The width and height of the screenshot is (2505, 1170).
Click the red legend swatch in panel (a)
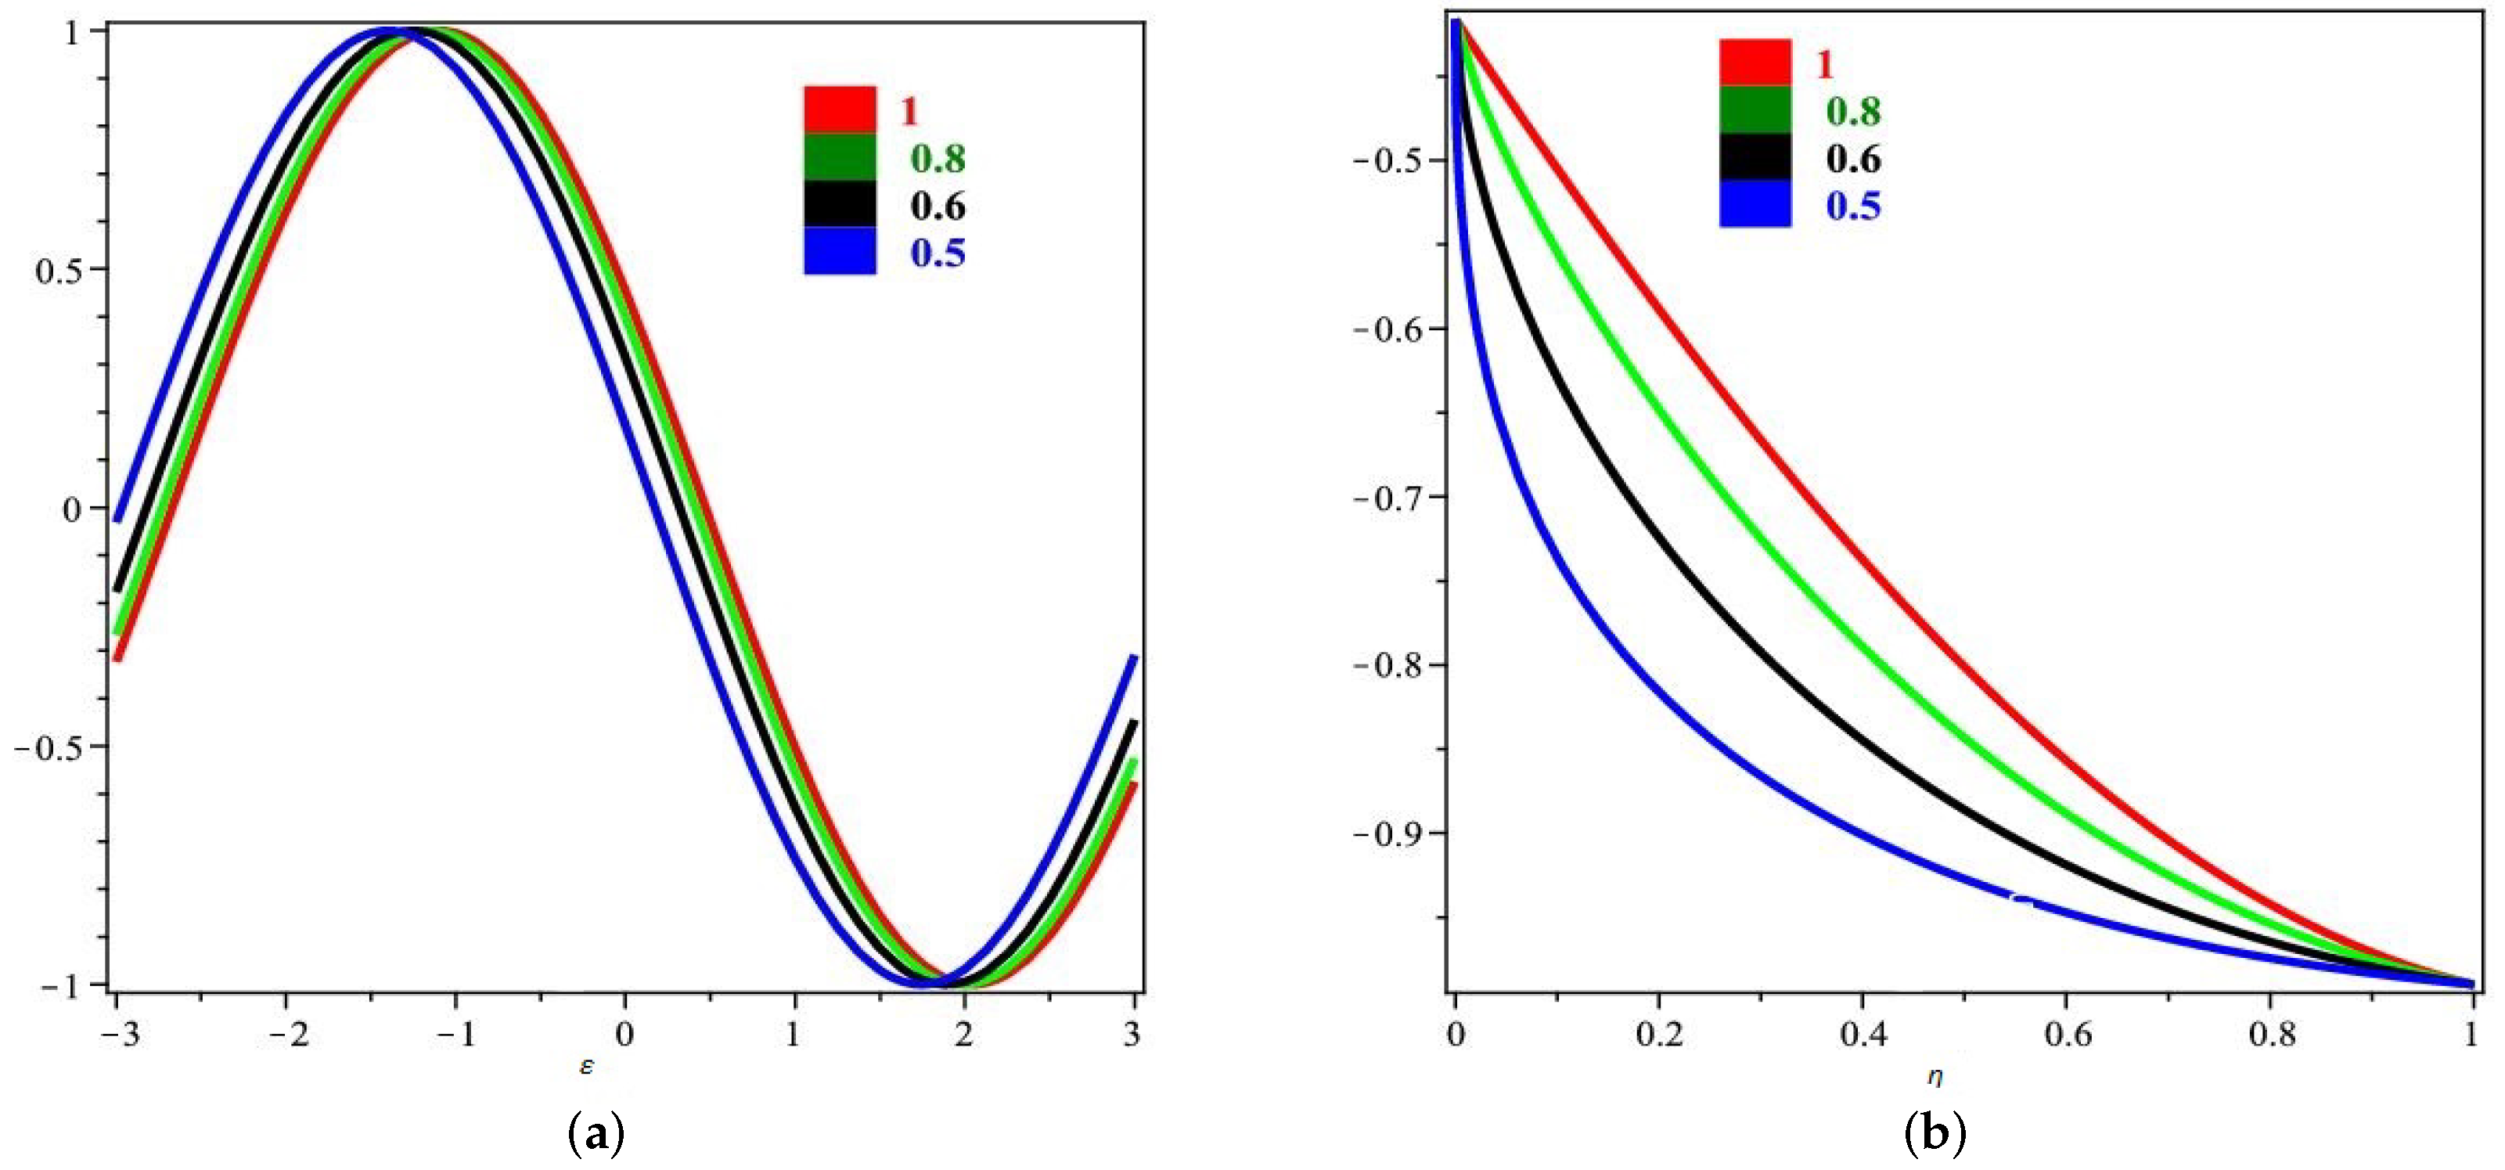pyautogui.click(x=839, y=110)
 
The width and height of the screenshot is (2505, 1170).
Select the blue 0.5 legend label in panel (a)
pyautogui.click(x=938, y=254)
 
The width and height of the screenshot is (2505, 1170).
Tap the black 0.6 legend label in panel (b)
pyautogui.click(x=1852, y=159)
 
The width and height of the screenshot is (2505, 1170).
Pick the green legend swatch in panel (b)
pyautogui.click(x=1755, y=110)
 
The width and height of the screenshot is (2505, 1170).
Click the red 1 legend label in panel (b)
pyautogui.click(x=1824, y=64)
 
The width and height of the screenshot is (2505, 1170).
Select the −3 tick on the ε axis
pyautogui.click(x=120, y=1035)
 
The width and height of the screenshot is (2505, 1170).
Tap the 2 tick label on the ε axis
pyautogui.click(x=963, y=1035)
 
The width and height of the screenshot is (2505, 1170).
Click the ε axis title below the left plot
pyautogui.click(x=586, y=1067)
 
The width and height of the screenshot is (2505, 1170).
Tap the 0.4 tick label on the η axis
pyautogui.click(x=1863, y=1035)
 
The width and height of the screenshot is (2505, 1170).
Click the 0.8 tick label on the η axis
pyautogui.click(x=2271, y=1035)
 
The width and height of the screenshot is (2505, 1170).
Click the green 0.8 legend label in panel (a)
pyautogui.click(x=938, y=159)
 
